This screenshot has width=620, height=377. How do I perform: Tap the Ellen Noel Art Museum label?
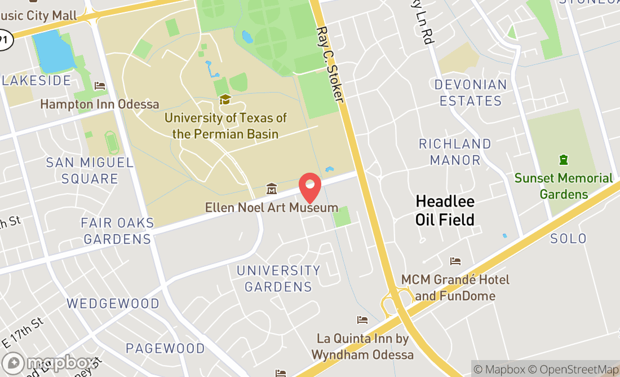271,208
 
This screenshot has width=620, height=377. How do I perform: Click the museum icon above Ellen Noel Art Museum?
271,188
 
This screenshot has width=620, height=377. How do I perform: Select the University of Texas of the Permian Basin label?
225,126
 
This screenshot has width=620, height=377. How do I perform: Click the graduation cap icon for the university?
225,100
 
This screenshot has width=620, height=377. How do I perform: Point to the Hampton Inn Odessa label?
100,104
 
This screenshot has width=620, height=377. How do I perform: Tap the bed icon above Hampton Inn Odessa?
100,86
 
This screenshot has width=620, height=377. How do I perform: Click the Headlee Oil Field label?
445,210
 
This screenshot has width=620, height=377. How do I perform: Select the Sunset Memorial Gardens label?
563,186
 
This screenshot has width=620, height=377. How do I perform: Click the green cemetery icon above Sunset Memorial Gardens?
563,160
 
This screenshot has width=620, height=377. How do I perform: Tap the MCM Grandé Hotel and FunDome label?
455,288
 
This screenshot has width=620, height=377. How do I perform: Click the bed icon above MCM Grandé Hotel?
455,261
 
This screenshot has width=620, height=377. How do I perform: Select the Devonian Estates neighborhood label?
471,93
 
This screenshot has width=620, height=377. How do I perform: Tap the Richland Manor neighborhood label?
455,152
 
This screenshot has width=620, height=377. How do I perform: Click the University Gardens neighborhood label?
278,278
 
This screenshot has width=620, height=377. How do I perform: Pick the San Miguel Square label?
90,170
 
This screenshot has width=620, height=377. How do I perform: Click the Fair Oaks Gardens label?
117,231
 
